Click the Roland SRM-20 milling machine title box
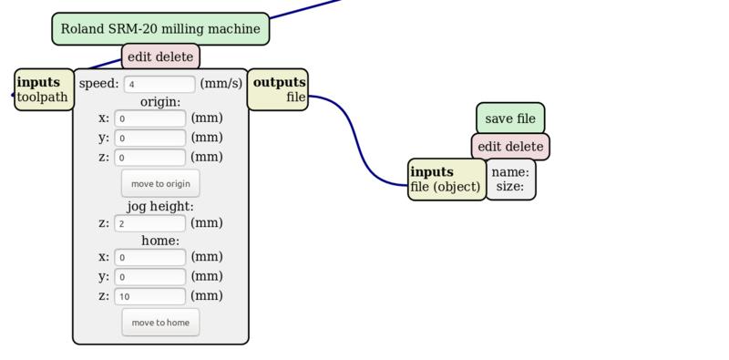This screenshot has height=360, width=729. [x=160, y=29]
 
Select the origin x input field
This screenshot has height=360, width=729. [x=150, y=118]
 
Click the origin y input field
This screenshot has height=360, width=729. [x=150, y=138]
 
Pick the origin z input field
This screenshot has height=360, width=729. [x=150, y=157]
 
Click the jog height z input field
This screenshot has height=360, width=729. [x=150, y=223]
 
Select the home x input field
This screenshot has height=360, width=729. [x=150, y=258]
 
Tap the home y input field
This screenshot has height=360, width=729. [x=150, y=277]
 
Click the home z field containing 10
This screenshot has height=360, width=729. [x=150, y=296]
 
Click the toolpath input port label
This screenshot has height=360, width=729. [x=43, y=97]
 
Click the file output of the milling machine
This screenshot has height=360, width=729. [x=295, y=97]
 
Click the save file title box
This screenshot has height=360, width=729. [x=510, y=118]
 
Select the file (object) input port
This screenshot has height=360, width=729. [x=446, y=187]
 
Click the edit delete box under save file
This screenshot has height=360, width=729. [x=510, y=146]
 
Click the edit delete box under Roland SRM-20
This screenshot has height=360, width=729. [x=160, y=57]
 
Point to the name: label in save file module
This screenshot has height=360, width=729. [x=510, y=171]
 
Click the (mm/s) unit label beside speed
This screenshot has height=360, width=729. [x=221, y=84]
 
